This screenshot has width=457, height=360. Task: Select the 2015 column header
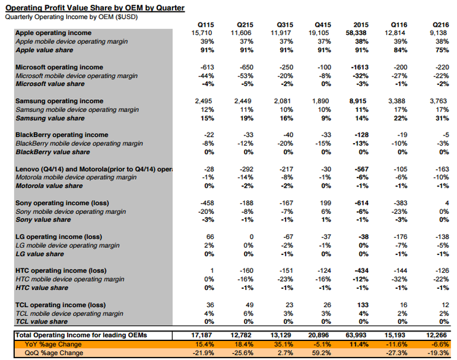361,24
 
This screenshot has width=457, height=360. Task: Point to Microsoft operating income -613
207,67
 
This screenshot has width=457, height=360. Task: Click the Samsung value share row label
49,119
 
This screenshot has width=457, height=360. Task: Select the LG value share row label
40,254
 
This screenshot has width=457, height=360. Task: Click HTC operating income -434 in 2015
361,271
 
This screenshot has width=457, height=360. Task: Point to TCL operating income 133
362,305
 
